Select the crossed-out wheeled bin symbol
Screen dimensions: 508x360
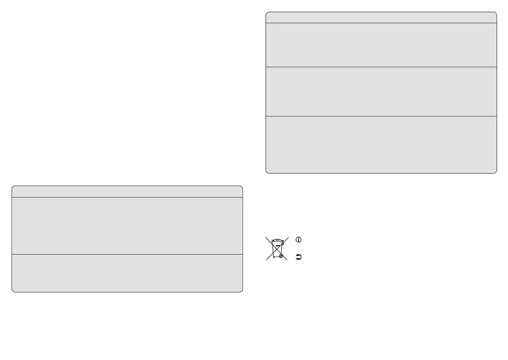277,248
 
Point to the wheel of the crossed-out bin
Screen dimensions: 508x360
281,257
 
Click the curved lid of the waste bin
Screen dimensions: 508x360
277,241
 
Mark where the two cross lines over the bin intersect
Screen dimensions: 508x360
277,248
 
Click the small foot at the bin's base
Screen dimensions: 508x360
274,257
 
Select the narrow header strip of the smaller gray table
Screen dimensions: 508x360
127,191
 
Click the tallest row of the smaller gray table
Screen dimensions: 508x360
127,226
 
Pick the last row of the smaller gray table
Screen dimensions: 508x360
127,273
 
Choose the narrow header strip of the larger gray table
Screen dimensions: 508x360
381,18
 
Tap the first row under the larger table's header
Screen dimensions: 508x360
381,45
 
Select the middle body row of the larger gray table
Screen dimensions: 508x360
381,92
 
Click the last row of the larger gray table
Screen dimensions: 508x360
381,145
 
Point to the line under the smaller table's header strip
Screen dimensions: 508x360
127,198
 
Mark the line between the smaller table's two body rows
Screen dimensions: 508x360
127,255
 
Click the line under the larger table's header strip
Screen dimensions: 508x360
381,23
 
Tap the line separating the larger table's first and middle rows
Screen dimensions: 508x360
381,67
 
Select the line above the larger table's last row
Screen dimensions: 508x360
381,116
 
